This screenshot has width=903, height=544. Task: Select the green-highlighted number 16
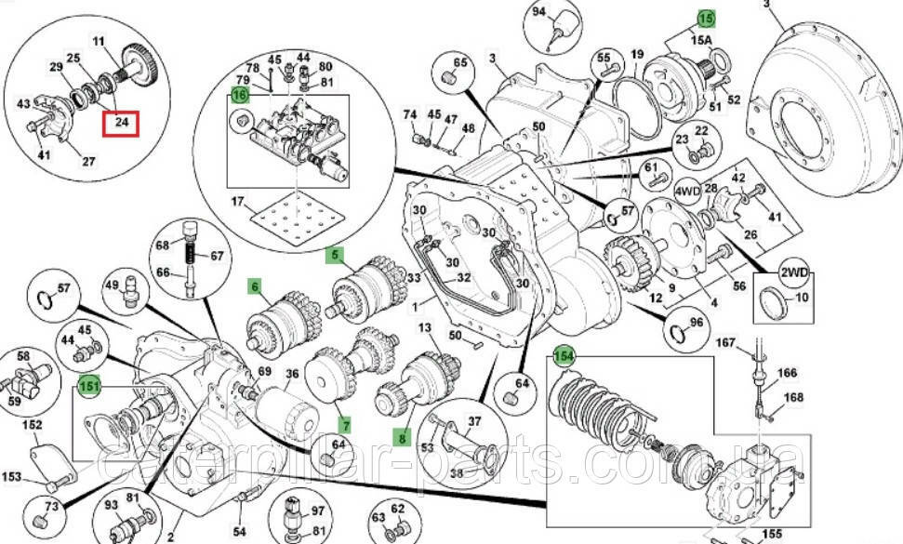(x=240, y=95)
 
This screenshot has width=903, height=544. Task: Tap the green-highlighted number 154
(x=564, y=356)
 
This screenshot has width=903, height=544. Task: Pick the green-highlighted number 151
(x=89, y=386)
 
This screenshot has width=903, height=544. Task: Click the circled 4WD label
(x=687, y=193)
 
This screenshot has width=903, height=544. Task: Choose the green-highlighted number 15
(x=706, y=18)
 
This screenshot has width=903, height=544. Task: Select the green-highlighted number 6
(x=254, y=287)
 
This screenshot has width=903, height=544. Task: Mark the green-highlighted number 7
(x=345, y=425)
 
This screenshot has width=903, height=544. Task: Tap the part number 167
(x=725, y=344)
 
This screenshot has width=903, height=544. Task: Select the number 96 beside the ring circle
(x=696, y=325)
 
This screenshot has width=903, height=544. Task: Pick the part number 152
(x=33, y=425)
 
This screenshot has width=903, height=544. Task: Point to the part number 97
(x=316, y=510)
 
